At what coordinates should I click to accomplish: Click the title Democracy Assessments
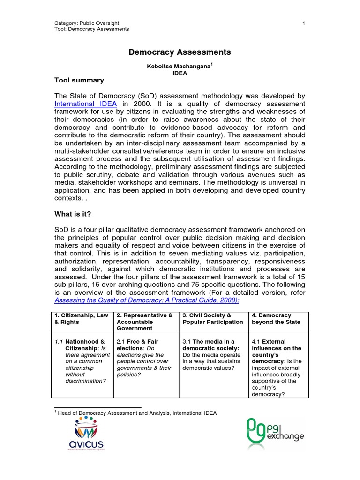click(180, 52)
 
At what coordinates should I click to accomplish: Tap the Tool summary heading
click(79, 80)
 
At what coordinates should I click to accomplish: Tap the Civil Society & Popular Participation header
click(212, 319)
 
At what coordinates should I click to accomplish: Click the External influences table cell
click(279, 367)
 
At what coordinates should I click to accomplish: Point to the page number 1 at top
click(304, 23)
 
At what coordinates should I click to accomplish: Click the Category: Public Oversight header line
click(87, 23)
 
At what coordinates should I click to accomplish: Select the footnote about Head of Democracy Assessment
click(136, 412)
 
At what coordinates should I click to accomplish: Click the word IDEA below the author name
click(180, 74)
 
